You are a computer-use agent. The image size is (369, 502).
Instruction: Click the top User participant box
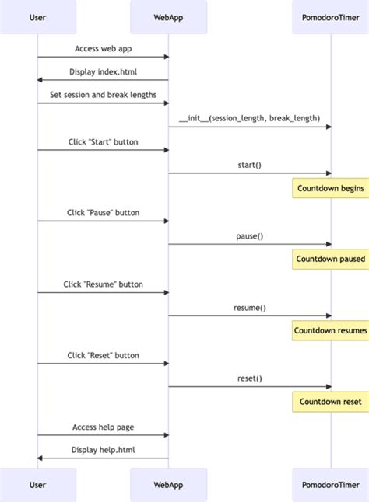pyautogui.click(x=37, y=17)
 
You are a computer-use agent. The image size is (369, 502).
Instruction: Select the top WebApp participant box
pyautogui.click(x=169, y=17)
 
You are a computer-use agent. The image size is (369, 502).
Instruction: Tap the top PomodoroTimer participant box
pyautogui.click(x=330, y=17)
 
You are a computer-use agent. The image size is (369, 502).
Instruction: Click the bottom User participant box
pyautogui.click(x=37, y=484)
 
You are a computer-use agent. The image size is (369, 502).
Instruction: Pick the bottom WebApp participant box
pyautogui.click(x=169, y=484)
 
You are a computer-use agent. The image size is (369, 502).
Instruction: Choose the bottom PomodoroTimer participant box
pyautogui.click(x=330, y=484)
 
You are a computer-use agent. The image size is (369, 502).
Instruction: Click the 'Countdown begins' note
pyautogui.click(x=329, y=188)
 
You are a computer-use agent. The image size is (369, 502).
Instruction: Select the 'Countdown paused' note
pyautogui.click(x=329, y=259)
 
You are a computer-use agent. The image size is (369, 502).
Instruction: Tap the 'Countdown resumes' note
pyautogui.click(x=329, y=330)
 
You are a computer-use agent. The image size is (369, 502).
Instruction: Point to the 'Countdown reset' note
pyautogui.click(x=330, y=401)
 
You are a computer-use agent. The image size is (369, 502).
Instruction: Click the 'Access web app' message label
pyautogui.click(x=103, y=48)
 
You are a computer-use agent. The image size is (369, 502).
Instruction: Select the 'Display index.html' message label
pyautogui.click(x=103, y=71)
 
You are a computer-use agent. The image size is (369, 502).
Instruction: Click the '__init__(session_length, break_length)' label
pyautogui.click(x=249, y=118)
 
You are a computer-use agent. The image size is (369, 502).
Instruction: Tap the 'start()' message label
pyautogui.click(x=249, y=165)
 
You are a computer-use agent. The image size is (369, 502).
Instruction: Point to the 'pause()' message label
pyautogui.click(x=249, y=235)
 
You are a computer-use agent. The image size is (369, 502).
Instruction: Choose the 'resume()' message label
pyautogui.click(x=249, y=307)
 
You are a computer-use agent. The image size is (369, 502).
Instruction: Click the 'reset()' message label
pyautogui.click(x=249, y=378)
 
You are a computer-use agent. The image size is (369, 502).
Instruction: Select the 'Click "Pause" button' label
pyautogui.click(x=103, y=212)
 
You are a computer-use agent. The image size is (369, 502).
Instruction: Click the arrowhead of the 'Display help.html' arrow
pyautogui.click(x=40, y=458)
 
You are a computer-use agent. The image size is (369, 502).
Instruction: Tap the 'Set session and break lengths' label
pyautogui.click(x=103, y=95)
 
